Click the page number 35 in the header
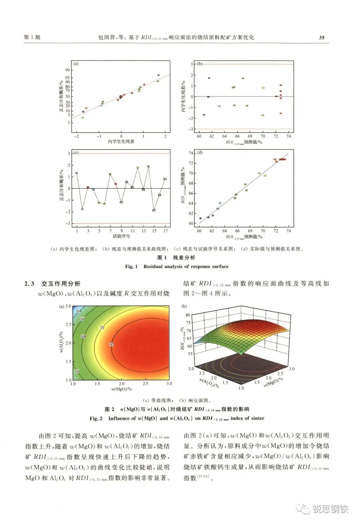click(x=321, y=38)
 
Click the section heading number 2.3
click(x=29, y=284)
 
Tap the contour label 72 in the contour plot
click(x=111, y=344)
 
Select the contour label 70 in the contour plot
click(x=102, y=328)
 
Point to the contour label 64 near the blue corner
click(x=79, y=311)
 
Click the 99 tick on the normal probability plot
click(x=68, y=70)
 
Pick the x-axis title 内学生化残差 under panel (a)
click(x=121, y=141)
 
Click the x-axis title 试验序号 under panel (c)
click(x=121, y=236)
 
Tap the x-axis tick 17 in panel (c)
click(x=165, y=231)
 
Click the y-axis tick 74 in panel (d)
click(x=191, y=153)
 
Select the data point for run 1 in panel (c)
click(x=77, y=173)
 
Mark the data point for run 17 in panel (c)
click(x=165, y=179)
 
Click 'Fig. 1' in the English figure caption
click(x=131, y=267)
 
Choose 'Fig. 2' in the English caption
click(x=96, y=418)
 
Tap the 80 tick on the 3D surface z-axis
click(x=188, y=315)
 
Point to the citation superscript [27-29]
click(x=203, y=476)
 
